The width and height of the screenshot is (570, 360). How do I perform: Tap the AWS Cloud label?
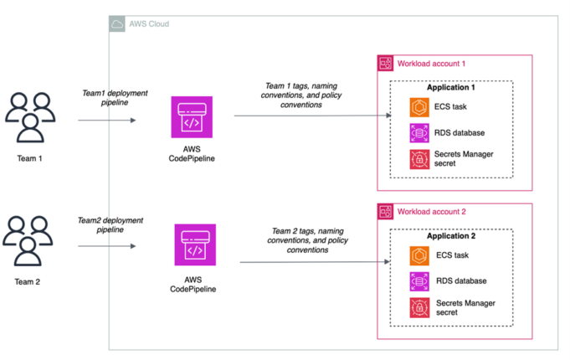[148, 23]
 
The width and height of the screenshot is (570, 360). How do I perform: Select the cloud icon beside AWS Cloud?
[118, 23]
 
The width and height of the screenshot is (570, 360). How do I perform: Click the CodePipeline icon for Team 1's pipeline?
[192, 117]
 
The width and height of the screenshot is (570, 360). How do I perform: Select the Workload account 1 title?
[431, 64]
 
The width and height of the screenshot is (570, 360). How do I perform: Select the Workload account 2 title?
[431, 211]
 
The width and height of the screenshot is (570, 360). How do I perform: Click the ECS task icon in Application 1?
[419, 108]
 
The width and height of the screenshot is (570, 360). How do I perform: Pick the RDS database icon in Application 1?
[419, 133]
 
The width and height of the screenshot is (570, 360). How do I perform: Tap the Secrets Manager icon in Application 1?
[419, 159]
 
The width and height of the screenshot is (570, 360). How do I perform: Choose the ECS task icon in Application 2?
[419, 256]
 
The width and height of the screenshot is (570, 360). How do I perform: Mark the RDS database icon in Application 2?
[419, 281]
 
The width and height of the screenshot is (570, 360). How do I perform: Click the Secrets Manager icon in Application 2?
[419, 307]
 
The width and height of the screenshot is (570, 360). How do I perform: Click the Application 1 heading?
[451, 89]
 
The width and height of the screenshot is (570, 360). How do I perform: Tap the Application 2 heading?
[451, 237]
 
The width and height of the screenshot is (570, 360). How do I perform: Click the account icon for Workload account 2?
[385, 211]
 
